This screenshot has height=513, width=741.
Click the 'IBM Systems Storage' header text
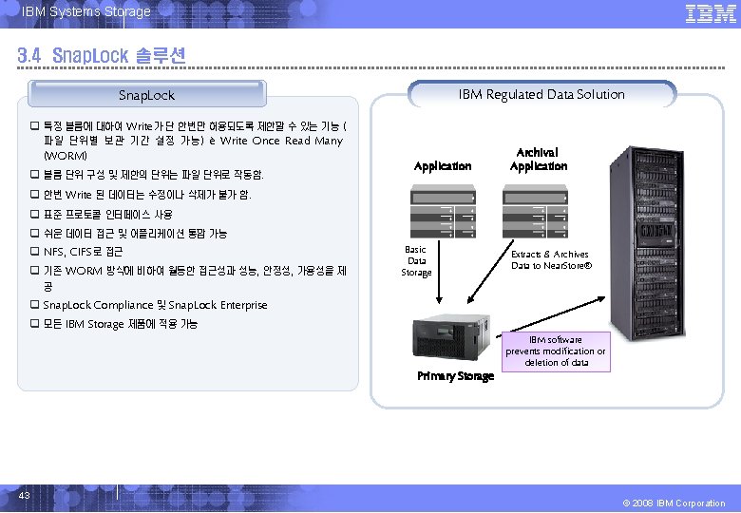[x=85, y=11]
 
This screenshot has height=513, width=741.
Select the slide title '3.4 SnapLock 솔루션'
[x=101, y=56]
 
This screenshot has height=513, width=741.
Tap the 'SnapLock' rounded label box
[x=146, y=95]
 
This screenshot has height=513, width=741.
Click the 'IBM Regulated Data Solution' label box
[x=541, y=94]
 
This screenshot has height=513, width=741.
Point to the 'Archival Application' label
[x=538, y=159]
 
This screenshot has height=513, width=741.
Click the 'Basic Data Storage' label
[x=416, y=260]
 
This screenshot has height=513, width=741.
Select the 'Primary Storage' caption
[x=456, y=376]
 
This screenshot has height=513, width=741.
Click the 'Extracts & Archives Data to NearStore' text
[x=550, y=259]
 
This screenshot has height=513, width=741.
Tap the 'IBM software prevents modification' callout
[x=555, y=351]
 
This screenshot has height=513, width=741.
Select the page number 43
[x=24, y=495]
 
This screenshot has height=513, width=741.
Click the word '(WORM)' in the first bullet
[x=66, y=155]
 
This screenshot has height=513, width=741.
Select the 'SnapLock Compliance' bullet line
[x=155, y=305]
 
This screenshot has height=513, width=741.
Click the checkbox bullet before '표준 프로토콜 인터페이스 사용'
[x=34, y=214]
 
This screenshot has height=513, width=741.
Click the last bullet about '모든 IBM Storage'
[x=120, y=324]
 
